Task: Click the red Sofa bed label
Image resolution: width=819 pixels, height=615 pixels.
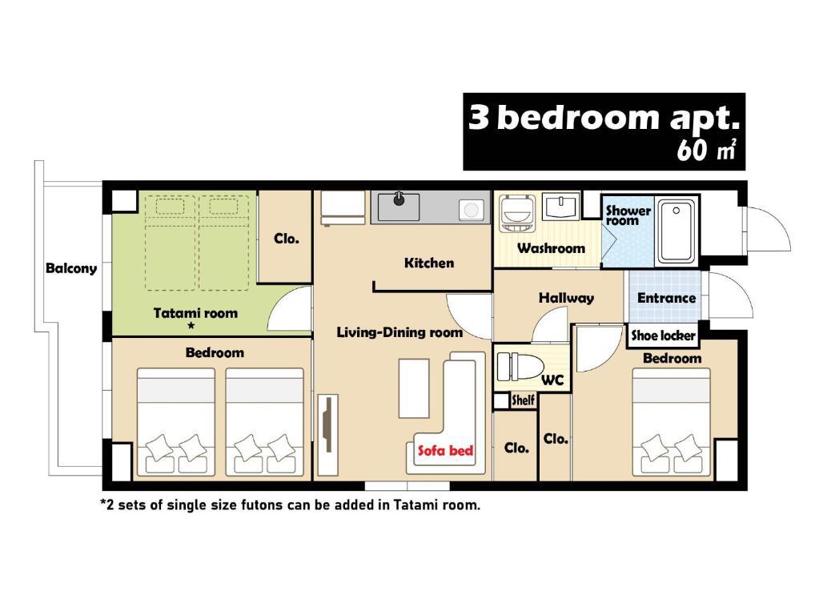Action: coord(445,450)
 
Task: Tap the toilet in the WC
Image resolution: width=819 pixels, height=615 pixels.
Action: coord(517,366)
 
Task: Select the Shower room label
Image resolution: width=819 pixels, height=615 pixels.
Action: coord(628,215)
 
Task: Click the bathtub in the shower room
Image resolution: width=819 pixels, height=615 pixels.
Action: coord(676,231)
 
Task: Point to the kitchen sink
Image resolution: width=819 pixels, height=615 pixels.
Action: coord(398,207)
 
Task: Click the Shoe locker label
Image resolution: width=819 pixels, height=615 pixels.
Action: coord(664,336)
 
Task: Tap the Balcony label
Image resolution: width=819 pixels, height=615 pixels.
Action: coord(71,268)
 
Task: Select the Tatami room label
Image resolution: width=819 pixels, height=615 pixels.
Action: coord(195,313)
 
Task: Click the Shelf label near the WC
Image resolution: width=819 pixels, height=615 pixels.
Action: coord(523,400)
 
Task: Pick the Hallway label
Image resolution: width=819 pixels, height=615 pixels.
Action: coord(566,299)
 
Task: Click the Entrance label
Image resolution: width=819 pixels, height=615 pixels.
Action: coord(666,298)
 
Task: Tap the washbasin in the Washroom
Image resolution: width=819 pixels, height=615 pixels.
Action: coord(560,207)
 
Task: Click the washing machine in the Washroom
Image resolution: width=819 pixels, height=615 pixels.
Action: coord(516,213)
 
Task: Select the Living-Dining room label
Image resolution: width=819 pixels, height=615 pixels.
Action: coord(399,332)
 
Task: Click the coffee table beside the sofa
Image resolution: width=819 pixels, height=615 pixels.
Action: coord(414,388)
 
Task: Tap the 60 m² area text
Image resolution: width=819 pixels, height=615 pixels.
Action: coord(707,150)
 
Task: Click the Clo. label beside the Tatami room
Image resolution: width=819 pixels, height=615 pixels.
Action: coord(287,239)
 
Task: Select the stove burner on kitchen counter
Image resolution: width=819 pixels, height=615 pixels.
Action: coord(471,210)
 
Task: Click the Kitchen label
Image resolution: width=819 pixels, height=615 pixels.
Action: coord(429,263)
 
